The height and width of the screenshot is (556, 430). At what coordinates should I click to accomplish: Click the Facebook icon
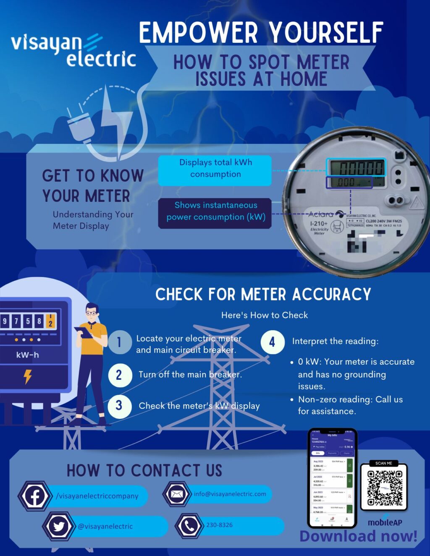[x=34, y=496]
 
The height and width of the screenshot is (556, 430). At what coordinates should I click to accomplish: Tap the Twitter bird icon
[x=58, y=526]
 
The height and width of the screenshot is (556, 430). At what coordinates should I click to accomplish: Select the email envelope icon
[x=177, y=494]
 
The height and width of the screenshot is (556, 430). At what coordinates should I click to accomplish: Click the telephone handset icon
[x=189, y=525]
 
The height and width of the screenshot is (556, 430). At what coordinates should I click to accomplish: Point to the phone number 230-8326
[x=219, y=525]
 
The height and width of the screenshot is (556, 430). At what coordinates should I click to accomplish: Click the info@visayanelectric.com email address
[x=230, y=494]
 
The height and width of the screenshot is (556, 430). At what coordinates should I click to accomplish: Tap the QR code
[x=384, y=488]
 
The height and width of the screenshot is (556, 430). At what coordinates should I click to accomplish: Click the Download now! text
[x=358, y=536]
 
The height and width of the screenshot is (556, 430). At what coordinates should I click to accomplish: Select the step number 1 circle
[x=119, y=342]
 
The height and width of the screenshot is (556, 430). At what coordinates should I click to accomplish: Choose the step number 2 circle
[x=119, y=375]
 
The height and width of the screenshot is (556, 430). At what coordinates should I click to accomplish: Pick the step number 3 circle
[x=119, y=406]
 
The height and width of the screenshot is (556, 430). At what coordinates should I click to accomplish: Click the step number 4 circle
[x=272, y=342]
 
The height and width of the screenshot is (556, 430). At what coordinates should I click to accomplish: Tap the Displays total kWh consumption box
[x=215, y=169]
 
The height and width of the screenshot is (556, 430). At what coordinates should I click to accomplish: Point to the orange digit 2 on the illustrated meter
[x=50, y=321]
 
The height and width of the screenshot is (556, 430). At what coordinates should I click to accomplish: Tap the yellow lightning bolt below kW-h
[x=28, y=376]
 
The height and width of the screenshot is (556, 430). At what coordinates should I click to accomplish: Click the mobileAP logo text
[x=385, y=522]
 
